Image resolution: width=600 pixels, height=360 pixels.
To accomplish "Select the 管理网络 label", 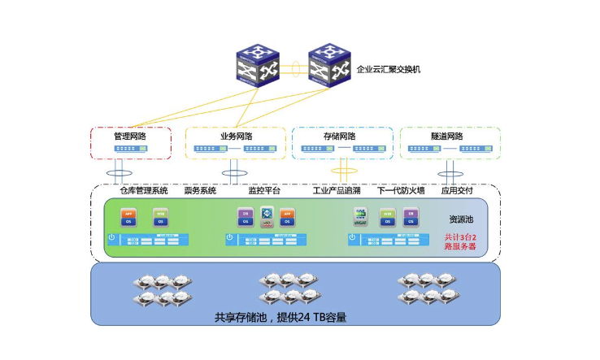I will [x=130, y=136].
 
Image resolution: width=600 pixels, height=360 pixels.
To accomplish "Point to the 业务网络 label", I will [x=235, y=136].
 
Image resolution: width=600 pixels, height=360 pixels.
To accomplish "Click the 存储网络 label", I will [x=340, y=136].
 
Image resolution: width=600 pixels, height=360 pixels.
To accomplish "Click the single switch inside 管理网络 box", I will [x=130, y=149].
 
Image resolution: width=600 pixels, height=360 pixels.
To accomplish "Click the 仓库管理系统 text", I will [x=143, y=190].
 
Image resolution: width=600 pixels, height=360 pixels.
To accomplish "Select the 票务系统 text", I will [x=200, y=190].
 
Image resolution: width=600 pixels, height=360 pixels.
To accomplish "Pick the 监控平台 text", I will [x=263, y=190].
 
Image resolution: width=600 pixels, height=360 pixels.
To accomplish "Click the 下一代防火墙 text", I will [x=402, y=190].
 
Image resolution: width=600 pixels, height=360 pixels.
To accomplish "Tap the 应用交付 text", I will [x=456, y=190].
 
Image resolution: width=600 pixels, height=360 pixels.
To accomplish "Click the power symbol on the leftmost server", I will [x=112, y=239].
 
